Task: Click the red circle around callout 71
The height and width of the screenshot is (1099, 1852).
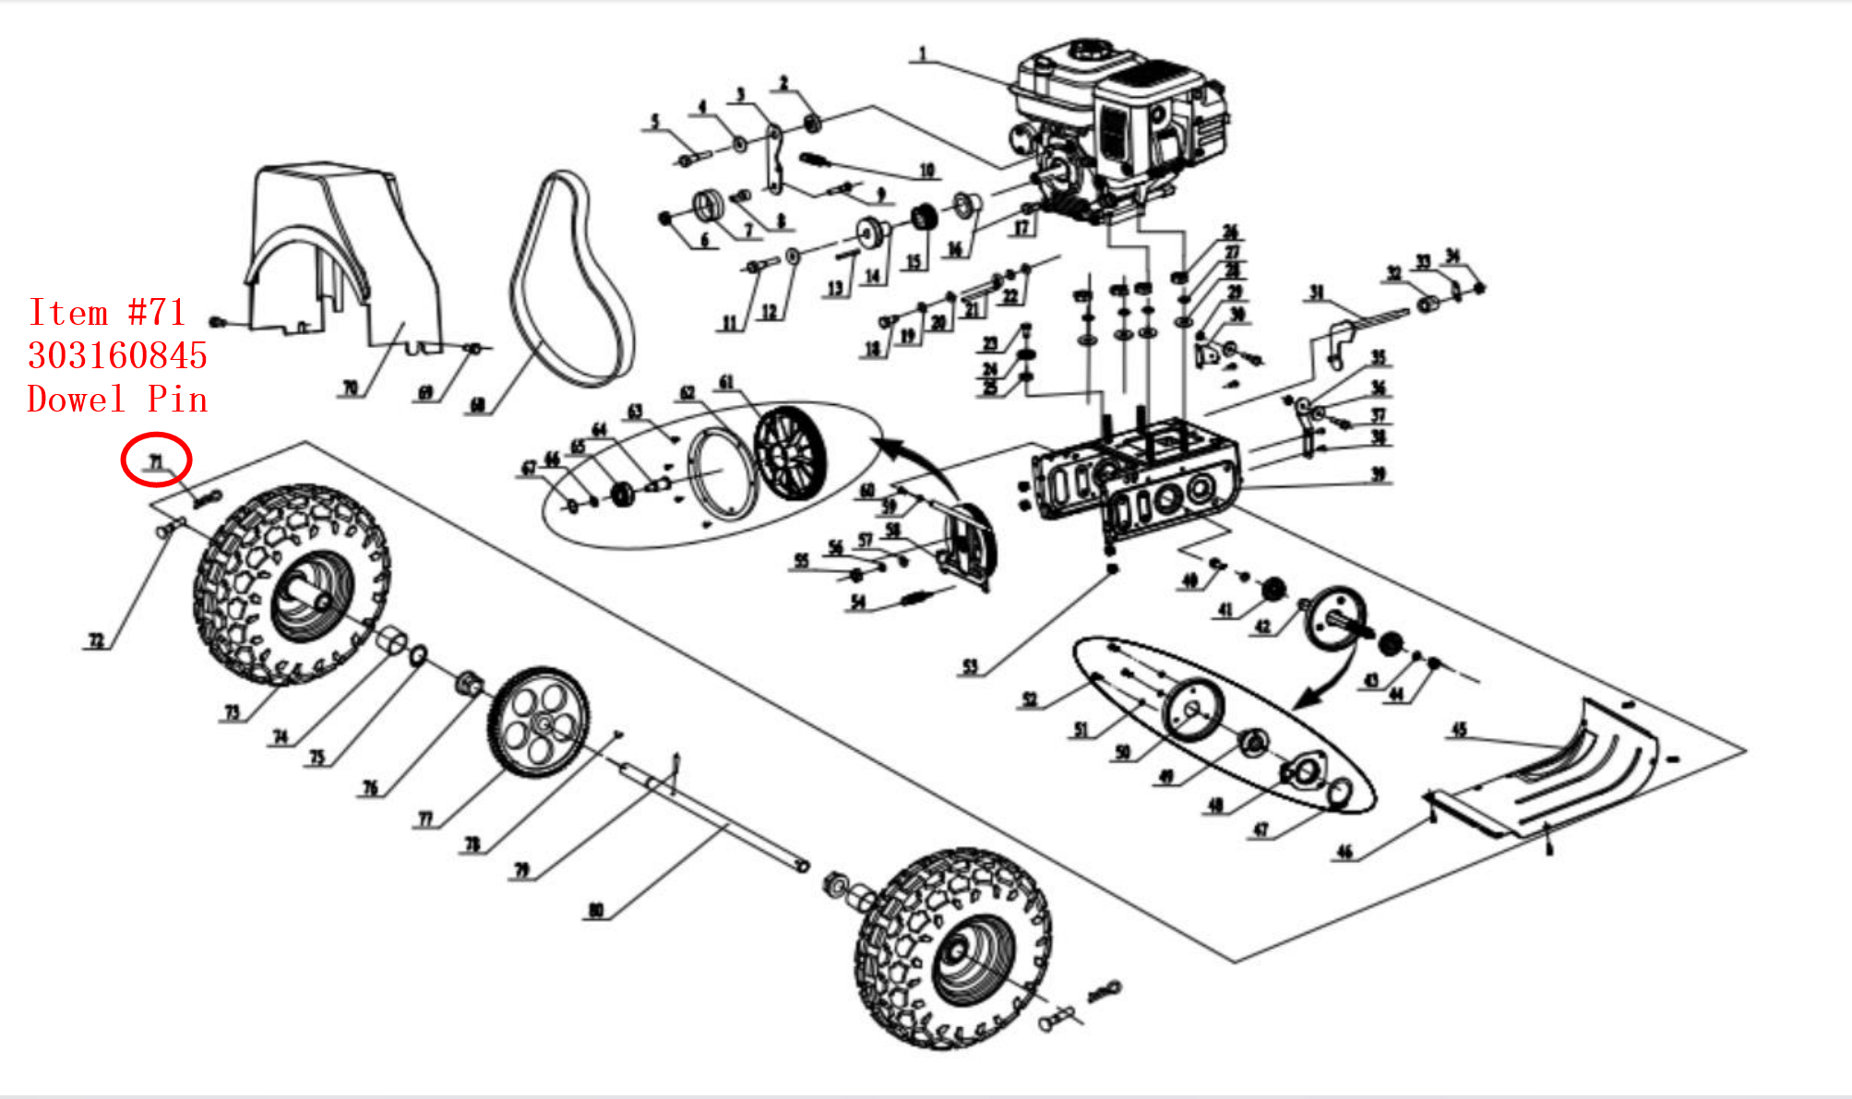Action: point(156,460)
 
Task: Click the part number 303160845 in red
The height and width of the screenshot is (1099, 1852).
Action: point(117,356)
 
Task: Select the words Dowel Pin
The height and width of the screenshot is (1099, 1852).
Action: point(117,400)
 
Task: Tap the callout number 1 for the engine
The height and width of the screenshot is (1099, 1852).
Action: point(922,54)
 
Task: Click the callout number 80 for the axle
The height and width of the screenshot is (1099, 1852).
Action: point(596,911)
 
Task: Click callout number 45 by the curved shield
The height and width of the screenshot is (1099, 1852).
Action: point(1459,730)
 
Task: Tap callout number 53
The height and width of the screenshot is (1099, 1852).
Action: point(970,667)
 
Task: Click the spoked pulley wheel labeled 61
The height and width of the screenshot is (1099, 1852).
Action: point(791,452)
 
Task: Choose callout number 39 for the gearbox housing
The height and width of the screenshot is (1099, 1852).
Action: point(1378,474)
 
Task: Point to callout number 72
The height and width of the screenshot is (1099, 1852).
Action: point(96,640)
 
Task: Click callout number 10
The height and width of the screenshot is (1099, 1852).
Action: point(926,170)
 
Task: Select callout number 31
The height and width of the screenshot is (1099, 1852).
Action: point(1316,293)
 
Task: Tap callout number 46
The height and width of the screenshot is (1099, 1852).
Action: point(1344,852)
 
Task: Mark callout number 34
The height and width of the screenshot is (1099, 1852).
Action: point(1452,256)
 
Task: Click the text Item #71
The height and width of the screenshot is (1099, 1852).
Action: point(107,313)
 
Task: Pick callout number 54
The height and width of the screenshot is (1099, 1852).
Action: point(858,603)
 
